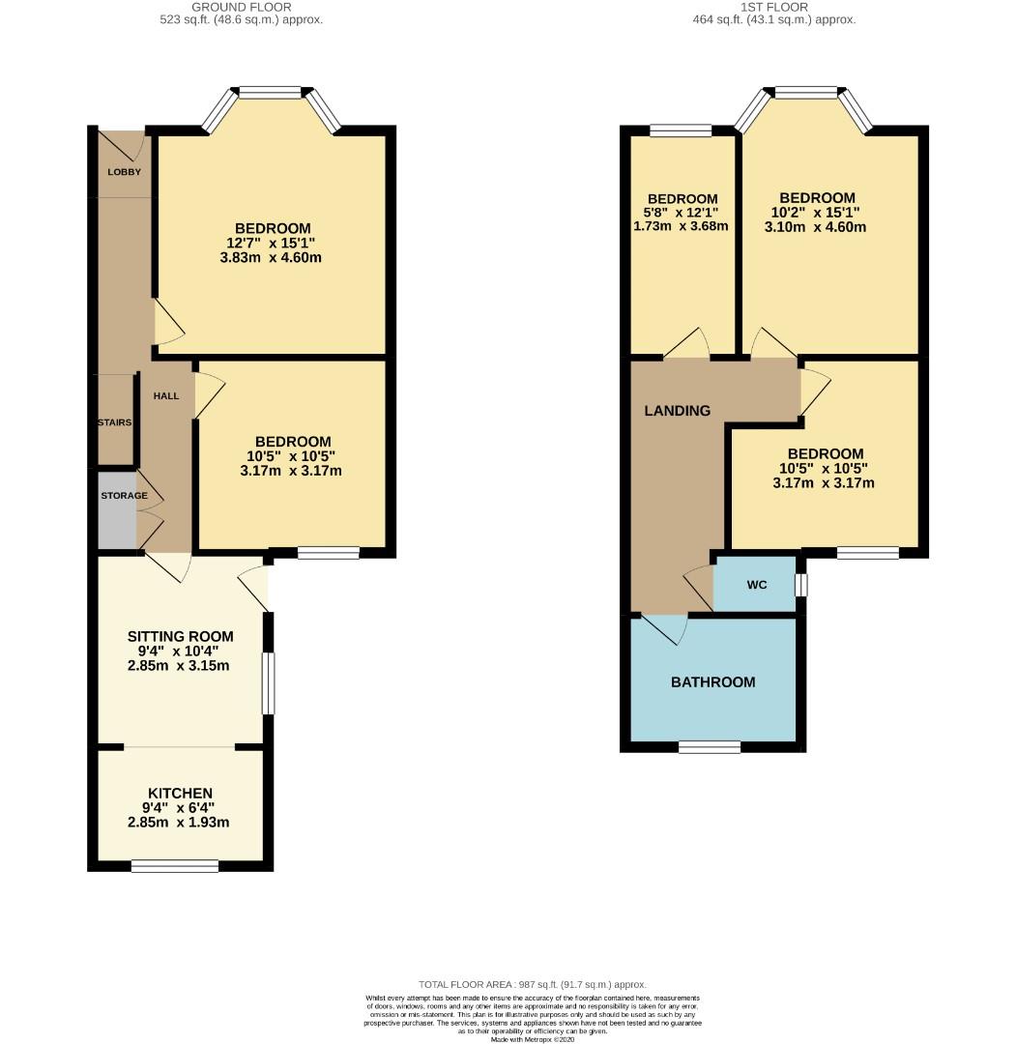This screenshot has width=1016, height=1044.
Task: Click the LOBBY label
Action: click(x=124, y=172)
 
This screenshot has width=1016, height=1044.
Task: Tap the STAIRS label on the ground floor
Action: click(x=114, y=422)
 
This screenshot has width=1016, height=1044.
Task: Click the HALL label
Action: click(x=166, y=395)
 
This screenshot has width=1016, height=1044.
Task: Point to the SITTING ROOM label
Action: click(x=181, y=636)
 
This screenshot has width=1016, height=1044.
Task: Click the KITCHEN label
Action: click(x=181, y=793)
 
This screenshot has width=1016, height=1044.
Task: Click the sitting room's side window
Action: click(x=268, y=683)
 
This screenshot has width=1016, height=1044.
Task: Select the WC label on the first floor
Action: click(x=756, y=585)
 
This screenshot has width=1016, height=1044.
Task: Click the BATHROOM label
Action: click(x=712, y=681)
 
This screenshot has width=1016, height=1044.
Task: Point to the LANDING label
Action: click(x=677, y=411)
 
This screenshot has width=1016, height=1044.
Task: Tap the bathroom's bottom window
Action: click(x=710, y=747)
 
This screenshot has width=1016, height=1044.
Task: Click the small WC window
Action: click(x=800, y=585)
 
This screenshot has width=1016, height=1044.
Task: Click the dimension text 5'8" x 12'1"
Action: click(x=682, y=213)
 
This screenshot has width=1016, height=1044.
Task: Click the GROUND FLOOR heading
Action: click(x=242, y=7)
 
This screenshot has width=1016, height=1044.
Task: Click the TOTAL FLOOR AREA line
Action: click(x=532, y=983)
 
